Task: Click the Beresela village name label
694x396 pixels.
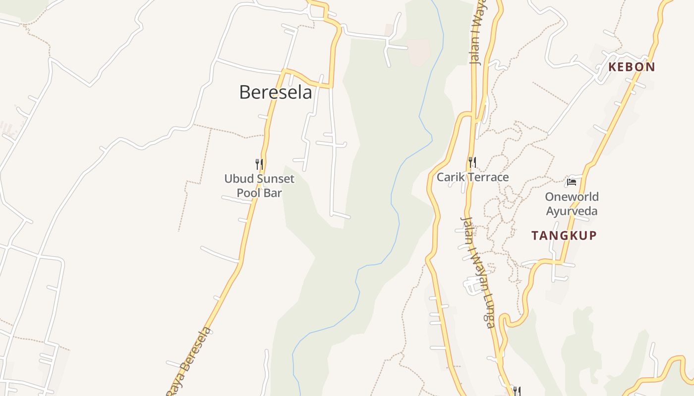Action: click(x=276, y=93)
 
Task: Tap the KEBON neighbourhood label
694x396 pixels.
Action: click(x=632, y=67)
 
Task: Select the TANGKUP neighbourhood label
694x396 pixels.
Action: click(x=564, y=236)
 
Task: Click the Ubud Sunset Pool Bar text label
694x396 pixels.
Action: click(x=259, y=186)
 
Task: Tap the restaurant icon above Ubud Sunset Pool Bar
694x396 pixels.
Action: click(x=259, y=164)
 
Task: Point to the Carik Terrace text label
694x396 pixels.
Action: click(x=472, y=177)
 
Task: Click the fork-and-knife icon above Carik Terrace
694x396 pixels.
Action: click(x=472, y=162)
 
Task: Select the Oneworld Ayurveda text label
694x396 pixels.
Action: click(x=572, y=204)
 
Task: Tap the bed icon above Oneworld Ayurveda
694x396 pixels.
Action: click(x=572, y=182)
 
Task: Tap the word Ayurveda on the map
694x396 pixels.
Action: click(x=572, y=211)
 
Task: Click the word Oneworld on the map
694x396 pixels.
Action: click(x=572, y=197)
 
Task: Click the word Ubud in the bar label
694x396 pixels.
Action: click(x=235, y=179)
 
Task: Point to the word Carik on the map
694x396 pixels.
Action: click(x=448, y=177)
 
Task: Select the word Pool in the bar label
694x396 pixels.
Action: click(x=247, y=193)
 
